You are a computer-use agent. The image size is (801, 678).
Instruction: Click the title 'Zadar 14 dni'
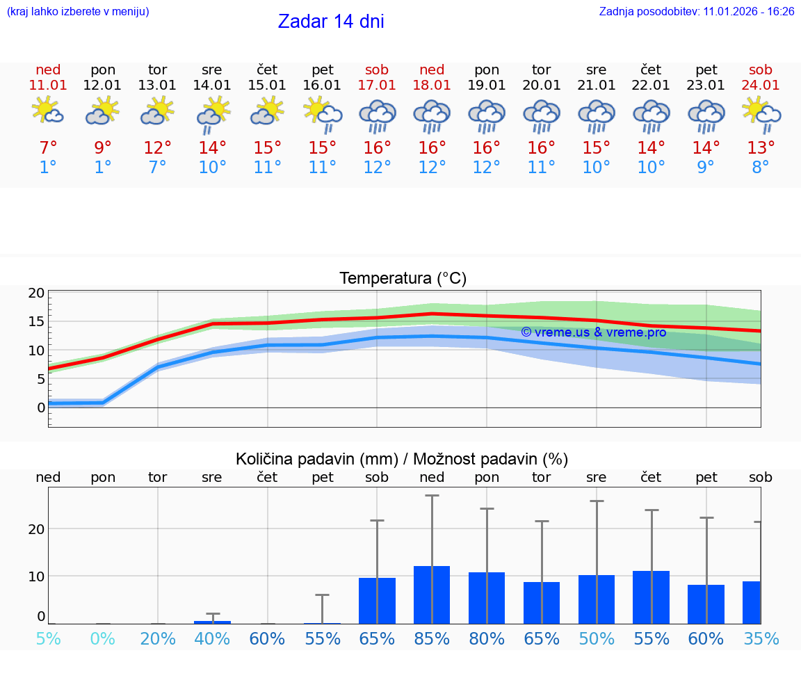pos(331,22)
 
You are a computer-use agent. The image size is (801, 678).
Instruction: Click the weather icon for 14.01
pos(213,114)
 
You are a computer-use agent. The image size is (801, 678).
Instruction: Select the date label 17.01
pos(377,86)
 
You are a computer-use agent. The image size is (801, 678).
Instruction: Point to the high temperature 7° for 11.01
pos(48,148)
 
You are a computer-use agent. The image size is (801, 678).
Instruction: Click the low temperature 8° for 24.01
pos(761,168)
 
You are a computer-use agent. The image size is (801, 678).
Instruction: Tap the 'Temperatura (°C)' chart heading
pos(403,279)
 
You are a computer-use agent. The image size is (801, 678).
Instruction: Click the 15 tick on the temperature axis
pos(36,321)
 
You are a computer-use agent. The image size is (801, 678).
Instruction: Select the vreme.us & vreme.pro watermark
pos(593,332)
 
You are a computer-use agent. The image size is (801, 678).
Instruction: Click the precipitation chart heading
pos(402,459)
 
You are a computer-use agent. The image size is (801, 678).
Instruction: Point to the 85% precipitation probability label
pos(432,639)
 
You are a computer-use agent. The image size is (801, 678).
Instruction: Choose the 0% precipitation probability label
pos(103,639)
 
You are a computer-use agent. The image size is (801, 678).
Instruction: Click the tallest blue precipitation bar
pos(432,595)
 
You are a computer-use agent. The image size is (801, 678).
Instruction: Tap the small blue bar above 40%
pos(212,622)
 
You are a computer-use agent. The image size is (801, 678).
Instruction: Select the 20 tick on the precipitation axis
pos(36,528)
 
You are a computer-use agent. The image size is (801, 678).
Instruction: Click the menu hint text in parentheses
pos(78,12)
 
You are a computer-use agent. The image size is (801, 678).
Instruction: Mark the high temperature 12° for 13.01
pos(158,148)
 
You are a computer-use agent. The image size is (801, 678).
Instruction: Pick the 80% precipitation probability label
pos(487,639)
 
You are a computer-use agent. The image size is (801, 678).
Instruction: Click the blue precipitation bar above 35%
pos(751,602)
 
